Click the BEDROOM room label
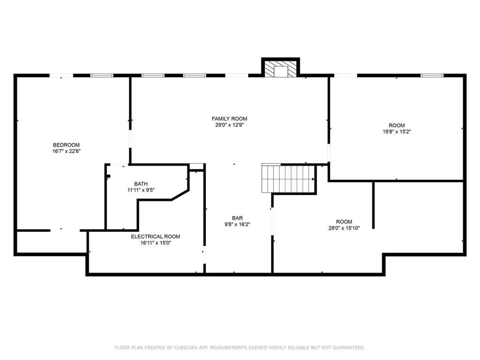coord(66,145)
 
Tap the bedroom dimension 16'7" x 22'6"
coord(66,151)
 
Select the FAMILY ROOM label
coord(229,119)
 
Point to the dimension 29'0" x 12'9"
coord(229,125)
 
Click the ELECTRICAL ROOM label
coord(155,237)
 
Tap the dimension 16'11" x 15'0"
coord(155,243)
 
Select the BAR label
coord(237,218)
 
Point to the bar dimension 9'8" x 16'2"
coord(237,225)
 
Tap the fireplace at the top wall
coord(280,69)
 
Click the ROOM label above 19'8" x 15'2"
coord(397,125)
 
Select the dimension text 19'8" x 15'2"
coord(397,132)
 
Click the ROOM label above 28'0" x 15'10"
coord(344,222)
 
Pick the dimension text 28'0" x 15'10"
coord(344,228)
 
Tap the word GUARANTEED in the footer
coord(347,347)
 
